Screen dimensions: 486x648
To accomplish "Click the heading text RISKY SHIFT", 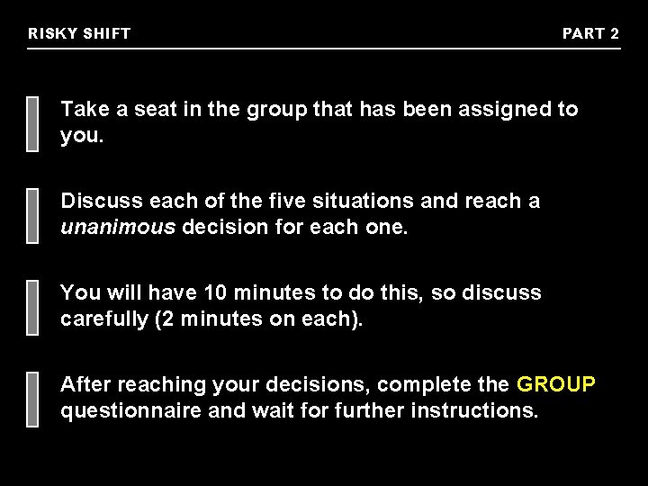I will (x=79, y=34).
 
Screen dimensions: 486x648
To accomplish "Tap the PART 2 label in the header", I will (x=590, y=34).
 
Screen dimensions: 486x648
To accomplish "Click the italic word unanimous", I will (x=118, y=227).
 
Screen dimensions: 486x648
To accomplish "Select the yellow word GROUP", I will (x=556, y=385).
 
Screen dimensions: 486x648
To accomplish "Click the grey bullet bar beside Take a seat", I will (x=33, y=122).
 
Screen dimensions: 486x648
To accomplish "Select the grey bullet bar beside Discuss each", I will (x=33, y=214).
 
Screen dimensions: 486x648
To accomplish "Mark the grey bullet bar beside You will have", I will (x=33, y=306).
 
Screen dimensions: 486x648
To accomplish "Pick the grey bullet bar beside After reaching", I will (x=33, y=398).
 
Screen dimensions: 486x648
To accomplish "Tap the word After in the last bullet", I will (x=85, y=385).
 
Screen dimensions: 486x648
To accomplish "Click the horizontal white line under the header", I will (x=324, y=48).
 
